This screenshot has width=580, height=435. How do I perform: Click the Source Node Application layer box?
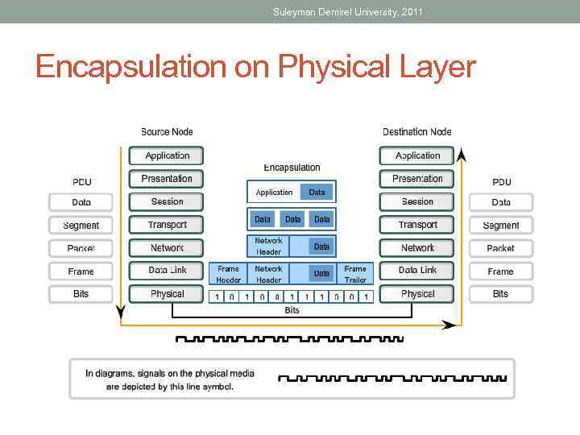pyautogui.click(x=168, y=155)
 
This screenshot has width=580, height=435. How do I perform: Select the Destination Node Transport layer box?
pyautogui.click(x=417, y=225)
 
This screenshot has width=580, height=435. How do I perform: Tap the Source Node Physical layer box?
pyautogui.click(x=168, y=294)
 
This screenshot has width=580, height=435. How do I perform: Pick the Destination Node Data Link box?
pyautogui.click(x=417, y=271)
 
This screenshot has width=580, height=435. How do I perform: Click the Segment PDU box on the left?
pyautogui.click(x=81, y=226)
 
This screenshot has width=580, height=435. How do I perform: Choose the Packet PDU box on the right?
pyautogui.click(x=500, y=248)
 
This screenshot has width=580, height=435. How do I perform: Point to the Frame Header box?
pyautogui.click(x=228, y=274)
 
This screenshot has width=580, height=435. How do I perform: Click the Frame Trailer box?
pyautogui.click(x=354, y=274)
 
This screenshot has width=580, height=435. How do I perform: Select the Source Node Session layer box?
pyautogui.click(x=168, y=201)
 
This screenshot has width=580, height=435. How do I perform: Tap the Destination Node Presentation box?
pyautogui.click(x=417, y=179)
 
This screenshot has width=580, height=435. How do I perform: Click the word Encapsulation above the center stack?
pyautogui.click(x=292, y=168)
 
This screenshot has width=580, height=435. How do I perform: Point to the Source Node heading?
pyautogui.click(x=167, y=132)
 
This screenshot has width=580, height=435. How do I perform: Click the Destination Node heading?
pyautogui.click(x=416, y=132)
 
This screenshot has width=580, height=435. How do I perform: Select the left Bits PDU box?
pyautogui.click(x=81, y=294)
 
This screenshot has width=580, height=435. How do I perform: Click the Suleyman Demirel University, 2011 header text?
pyautogui.click(x=347, y=11)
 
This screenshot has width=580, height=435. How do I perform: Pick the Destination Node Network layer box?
pyautogui.click(x=417, y=248)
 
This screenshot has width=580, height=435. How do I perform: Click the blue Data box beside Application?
pyautogui.click(x=317, y=192)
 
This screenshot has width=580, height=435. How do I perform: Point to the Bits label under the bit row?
pyautogui.click(x=292, y=310)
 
